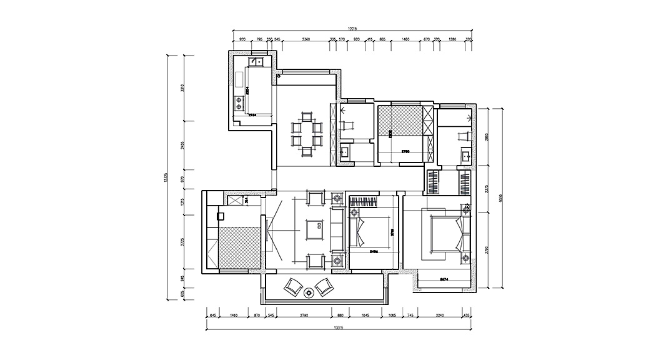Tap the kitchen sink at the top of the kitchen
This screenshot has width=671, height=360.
coord(257,62)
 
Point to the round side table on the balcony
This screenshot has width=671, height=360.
coord(308,292)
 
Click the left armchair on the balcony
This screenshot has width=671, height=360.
coord(292,287)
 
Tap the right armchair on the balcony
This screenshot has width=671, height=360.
coord(324,287)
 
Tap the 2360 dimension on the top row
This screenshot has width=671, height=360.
coord(306,39)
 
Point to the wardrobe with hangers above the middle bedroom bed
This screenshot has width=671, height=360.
coord(364,202)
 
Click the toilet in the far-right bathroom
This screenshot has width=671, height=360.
coord(463,136)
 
